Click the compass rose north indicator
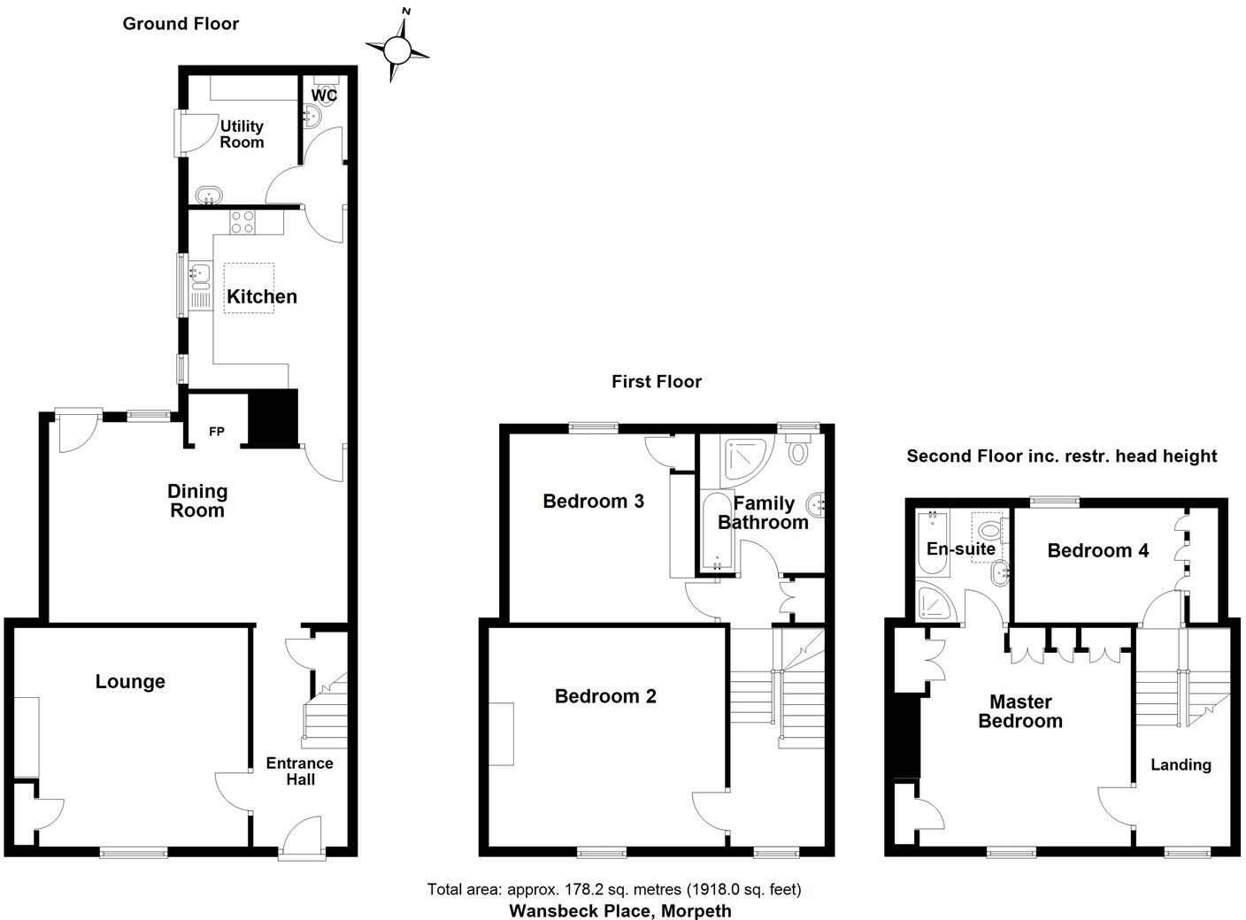[x=398, y=51]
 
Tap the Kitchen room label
[x=262, y=296]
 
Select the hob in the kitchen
[x=242, y=222]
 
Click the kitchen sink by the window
[x=199, y=276]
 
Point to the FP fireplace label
[x=216, y=432]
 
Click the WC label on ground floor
[x=325, y=95]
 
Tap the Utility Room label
[x=242, y=134]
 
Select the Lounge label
[x=130, y=681]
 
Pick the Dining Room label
[x=197, y=501]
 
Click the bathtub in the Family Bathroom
[x=713, y=531]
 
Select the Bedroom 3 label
[x=593, y=502]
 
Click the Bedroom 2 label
[x=605, y=696]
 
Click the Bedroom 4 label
[x=1097, y=550]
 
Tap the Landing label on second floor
[x=1181, y=764]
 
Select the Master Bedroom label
[x=1020, y=711]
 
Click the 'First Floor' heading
[x=656, y=381]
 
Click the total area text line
[x=614, y=889]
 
